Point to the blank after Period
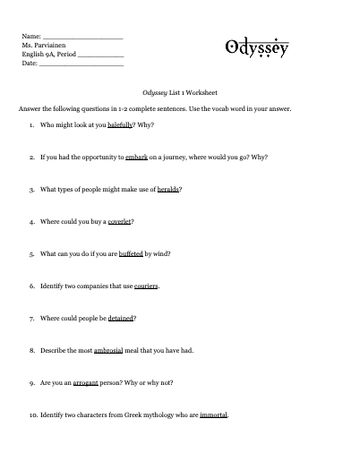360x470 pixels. point(101,56)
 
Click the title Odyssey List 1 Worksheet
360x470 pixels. point(180,91)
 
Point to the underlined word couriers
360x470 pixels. point(147,286)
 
